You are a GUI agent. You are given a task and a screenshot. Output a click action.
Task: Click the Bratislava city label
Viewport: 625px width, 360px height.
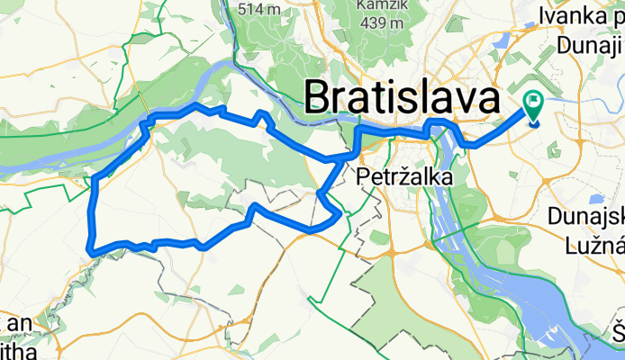tap(403, 95)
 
